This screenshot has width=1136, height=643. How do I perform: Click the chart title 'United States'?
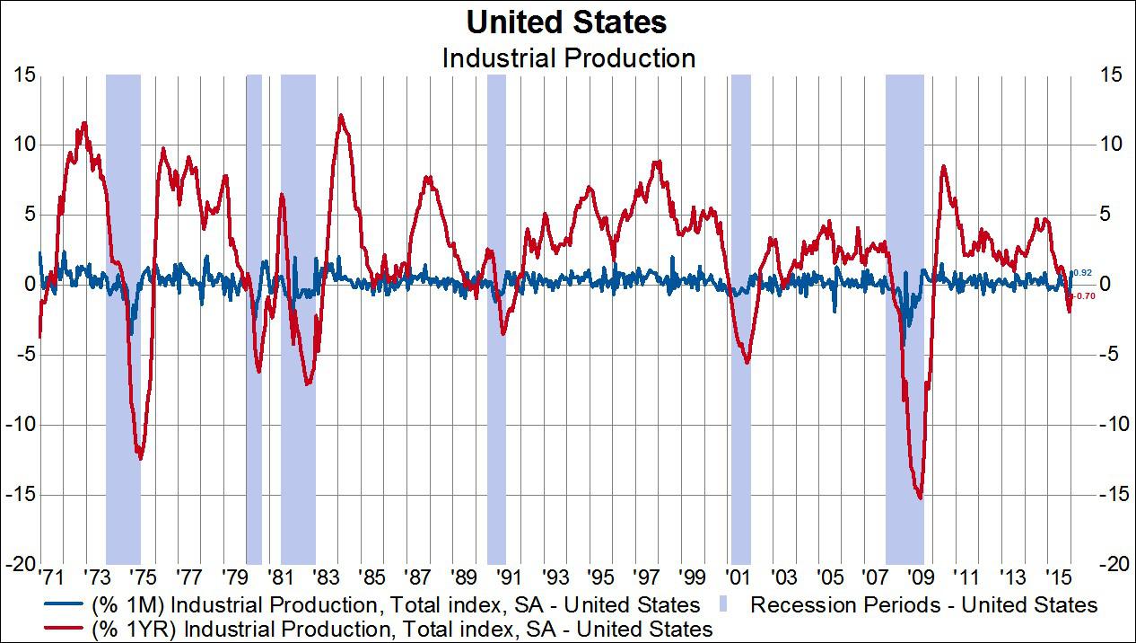click(x=567, y=22)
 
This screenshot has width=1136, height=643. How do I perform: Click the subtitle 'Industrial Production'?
click(x=568, y=58)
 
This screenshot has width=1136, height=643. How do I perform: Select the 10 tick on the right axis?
click(x=1110, y=144)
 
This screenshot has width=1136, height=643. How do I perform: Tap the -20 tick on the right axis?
click(x=1110, y=564)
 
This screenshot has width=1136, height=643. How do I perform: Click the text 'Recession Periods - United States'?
click(x=923, y=605)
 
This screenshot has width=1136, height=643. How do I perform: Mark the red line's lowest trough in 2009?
click(x=920, y=498)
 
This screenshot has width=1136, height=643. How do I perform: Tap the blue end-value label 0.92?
click(x=1082, y=272)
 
